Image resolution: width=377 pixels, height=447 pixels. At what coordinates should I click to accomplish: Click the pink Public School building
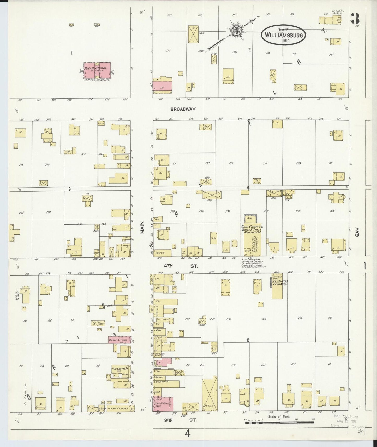coord(97,70)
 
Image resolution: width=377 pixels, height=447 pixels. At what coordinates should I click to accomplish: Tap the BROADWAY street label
coord(183,109)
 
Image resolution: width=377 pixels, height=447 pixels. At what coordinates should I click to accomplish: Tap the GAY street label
coord(357,232)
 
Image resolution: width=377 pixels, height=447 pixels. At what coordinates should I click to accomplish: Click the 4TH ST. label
coord(181,266)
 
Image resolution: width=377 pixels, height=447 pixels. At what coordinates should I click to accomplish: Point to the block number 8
coord(248,340)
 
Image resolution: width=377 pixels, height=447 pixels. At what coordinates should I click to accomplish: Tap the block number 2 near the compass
coord(249,50)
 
